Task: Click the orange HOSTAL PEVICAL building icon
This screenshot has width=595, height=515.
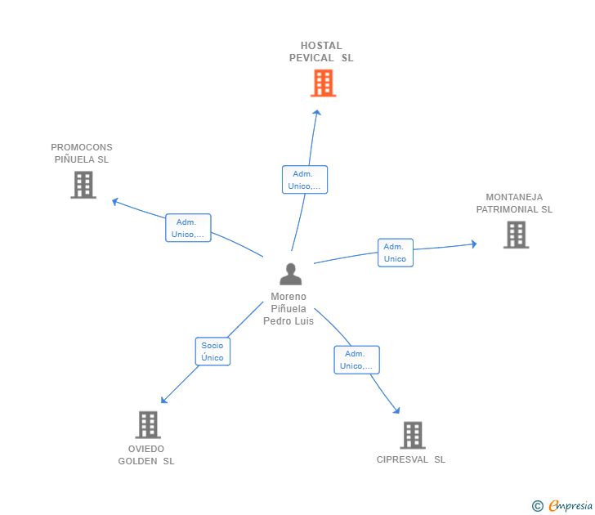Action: tap(324, 83)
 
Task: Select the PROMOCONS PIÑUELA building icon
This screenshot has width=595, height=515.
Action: tap(83, 185)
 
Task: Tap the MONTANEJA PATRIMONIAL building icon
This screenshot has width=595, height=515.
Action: tap(516, 235)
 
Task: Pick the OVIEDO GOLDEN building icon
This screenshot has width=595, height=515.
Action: tap(148, 425)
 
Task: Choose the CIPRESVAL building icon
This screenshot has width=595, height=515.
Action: tap(413, 435)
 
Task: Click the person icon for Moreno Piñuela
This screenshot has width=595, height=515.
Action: tap(291, 274)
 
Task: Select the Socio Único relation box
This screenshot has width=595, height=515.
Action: tap(212, 352)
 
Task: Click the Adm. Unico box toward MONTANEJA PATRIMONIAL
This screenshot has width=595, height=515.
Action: tap(396, 253)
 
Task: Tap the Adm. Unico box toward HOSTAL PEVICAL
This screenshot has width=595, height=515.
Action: tap(305, 180)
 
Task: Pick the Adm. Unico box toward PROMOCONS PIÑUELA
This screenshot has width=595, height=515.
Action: tap(188, 228)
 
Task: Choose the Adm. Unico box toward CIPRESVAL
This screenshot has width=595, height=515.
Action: tap(356, 360)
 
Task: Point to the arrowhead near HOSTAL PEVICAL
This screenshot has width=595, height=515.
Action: tap(317, 112)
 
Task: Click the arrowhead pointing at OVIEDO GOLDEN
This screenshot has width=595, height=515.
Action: tap(164, 400)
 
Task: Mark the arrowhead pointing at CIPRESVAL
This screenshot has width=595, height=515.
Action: tap(396, 410)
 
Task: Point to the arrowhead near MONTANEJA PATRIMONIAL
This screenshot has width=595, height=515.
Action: tap(474, 244)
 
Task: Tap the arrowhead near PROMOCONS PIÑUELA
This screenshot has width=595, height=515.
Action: tap(115, 202)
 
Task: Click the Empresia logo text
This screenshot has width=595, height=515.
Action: tap(570, 505)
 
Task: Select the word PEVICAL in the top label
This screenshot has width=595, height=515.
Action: tap(311, 58)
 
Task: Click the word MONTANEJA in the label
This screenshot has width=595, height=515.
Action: tap(514, 197)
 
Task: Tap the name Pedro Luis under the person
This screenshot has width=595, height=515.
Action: tap(289, 321)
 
